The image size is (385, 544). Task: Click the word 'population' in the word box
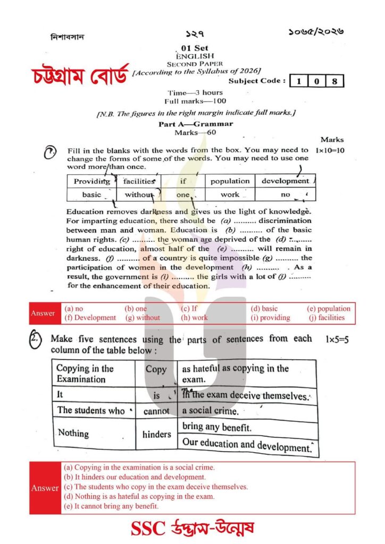pyautogui.click(x=230, y=181)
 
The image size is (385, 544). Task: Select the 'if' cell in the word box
pyautogui.click(x=183, y=181)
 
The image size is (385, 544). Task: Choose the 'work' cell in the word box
pyautogui.click(x=230, y=194)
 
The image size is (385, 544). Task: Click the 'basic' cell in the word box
pyautogui.click(x=91, y=194)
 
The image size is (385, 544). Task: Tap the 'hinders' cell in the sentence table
pyautogui.click(x=157, y=434)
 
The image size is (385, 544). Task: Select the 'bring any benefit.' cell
pyautogui.click(x=217, y=427)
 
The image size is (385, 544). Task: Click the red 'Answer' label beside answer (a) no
pyautogui.click(x=43, y=313)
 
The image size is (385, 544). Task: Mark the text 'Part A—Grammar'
pyautogui.click(x=196, y=124)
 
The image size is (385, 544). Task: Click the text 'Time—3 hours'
pyautogui.click(x=195, y=92)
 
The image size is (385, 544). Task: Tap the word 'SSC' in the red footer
pyautogui.click(x=147, y=529)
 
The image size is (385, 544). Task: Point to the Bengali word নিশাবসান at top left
pyautogui.click(x=67, y=38)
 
